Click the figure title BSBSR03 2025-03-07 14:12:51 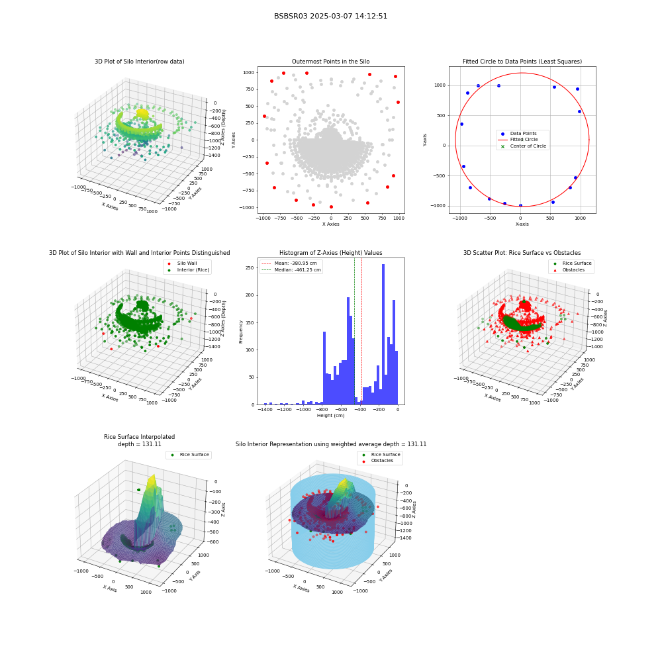point(330,16)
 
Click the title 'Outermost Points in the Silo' point(330,62)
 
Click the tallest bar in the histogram point(383,334)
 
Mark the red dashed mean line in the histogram point(361,332)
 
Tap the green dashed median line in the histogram point(354,332)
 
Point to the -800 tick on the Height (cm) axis point(322,409)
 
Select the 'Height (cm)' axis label point(330,416)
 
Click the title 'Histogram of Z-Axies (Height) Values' point(330,253)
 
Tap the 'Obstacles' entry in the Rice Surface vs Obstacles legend point(573,270)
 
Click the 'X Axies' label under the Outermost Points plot point(330,224)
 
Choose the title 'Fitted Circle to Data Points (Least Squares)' point(522,62)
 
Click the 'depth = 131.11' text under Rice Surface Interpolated point(139,444)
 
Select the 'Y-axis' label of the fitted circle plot point(425,140)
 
